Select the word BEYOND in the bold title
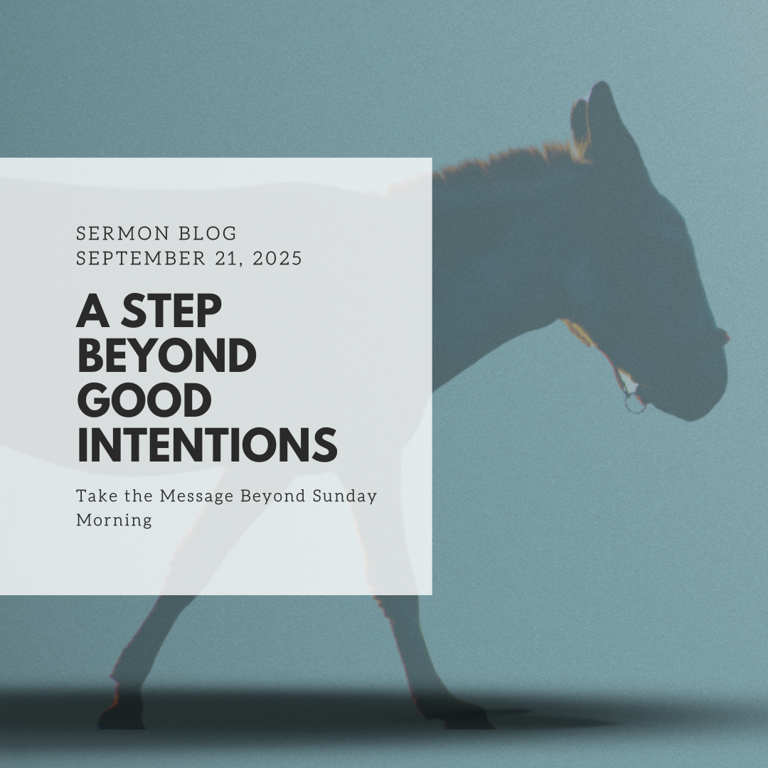point(166,356)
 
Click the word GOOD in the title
point(144,401)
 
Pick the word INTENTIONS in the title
point(206,445)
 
